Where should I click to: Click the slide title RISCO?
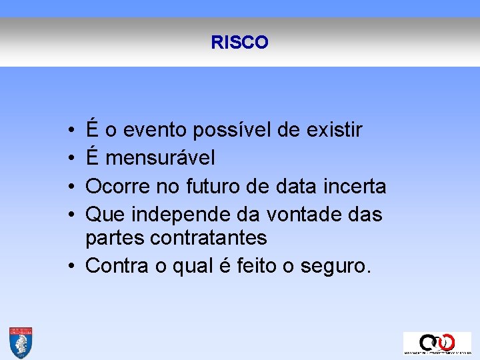click(239, 43)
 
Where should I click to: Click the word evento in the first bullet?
click(153, 130)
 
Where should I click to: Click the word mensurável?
click(160, 159)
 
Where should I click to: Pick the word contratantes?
click(210, 237)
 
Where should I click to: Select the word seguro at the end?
click(333, 267)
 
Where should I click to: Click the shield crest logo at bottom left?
click(21, 343)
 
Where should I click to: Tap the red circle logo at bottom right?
click(445, 342)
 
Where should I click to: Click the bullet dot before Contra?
click(70, 266)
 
